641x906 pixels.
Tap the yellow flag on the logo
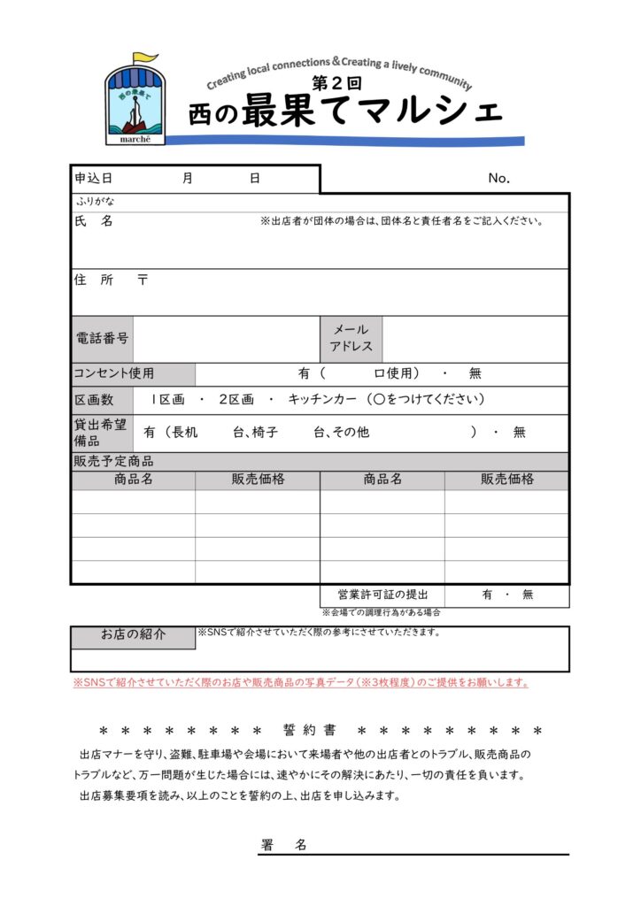pyautogui.click(x=145, y=58)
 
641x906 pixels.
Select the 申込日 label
pyautogui.click(x=94, y=178)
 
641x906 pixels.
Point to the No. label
pyautogui.click(x=499, y=179)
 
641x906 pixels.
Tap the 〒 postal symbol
pyautogui.click(x=143, y=280)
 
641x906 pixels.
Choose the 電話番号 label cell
pyautogui.click(x=102, y=338)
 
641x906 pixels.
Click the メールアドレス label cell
pyautogui.click(x=351, y=338)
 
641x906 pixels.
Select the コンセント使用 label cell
pyautogui.click(x=114, y=373)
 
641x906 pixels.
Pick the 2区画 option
pyautogui.click(x=236, y=400)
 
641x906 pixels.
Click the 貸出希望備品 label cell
pyautogui.click(x=99, y=433)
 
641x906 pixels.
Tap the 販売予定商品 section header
pyautogui.click(x=113, y=461)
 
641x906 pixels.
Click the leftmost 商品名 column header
pyautogui.click(x=134, y=480)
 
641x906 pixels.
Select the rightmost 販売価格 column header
pyautogui.click(x=507, y=480)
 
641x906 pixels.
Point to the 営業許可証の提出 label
pyautogui.click(x=382, y=595)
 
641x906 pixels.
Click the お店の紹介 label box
pyautogui.click(x=133, y=635)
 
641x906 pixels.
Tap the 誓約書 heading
pyautogui.click(x=310, y=731)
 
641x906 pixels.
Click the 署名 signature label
pyautogui.click(x=284, y=845)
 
